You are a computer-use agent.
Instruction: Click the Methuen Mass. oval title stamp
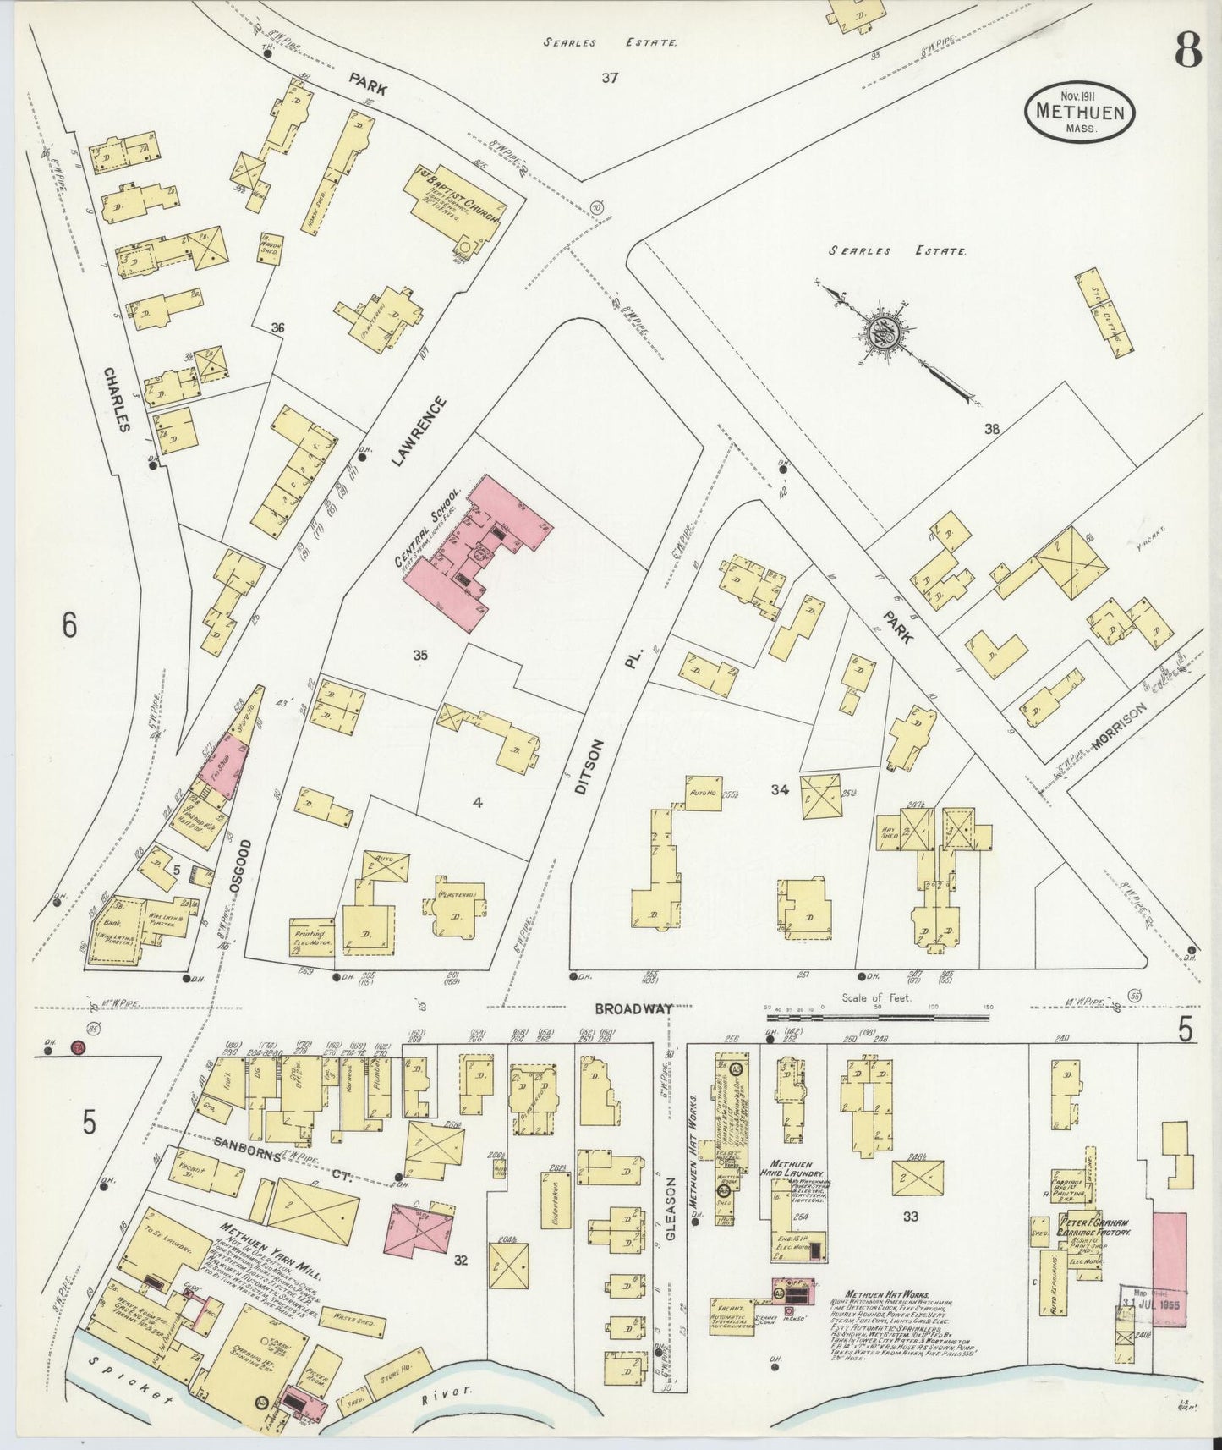coord(1079,113)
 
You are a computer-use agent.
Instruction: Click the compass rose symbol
coord(880,332)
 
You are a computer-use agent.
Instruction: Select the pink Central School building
coord(474,554)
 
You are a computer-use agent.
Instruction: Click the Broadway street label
coord(633,1008)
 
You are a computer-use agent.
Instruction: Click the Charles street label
coord(118,398)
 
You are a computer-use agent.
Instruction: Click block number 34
coord(780,789)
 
